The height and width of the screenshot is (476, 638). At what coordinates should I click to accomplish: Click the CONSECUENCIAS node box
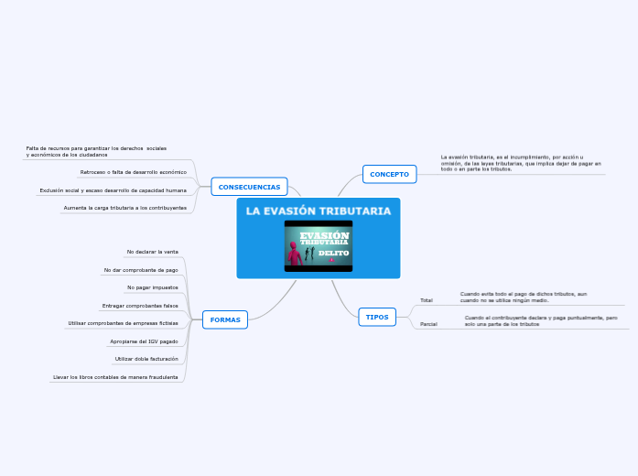pyautogui.click(x=249, y=187)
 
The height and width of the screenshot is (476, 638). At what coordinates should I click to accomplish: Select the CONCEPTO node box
pyautogui.click(x=389, y=174)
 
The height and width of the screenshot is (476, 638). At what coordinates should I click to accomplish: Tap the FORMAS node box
pyautogui.click(x=225, y=319)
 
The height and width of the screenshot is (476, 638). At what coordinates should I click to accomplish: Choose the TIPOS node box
pyautogui.click(x=377, y=317)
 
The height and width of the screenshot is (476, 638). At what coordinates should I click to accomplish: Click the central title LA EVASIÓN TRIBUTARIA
pyautogui.click(x=318, y=211)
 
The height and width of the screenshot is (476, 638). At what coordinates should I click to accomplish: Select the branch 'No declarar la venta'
pyautogui.click(x=152, y=251)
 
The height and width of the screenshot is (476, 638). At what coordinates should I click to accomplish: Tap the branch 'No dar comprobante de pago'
pyautogui.click(x=141, y=270)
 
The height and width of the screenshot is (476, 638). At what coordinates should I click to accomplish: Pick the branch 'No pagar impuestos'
pyautogui.click(x=152, y=287)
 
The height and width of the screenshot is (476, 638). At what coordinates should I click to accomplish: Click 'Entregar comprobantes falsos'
pyautogui.click(x=140, y=306)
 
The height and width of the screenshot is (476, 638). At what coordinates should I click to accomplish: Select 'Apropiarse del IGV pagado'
pyautogui.click(x=144, y=341)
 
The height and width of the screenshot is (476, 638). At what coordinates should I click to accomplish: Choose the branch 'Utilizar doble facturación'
pyautogui.click(x=146, y=359)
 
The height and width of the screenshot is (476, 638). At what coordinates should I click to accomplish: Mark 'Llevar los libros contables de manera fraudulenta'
pyautogui.click(x=115, y=377)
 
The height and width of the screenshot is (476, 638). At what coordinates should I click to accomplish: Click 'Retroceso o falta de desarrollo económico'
pyautogui.click(x=133, y=172)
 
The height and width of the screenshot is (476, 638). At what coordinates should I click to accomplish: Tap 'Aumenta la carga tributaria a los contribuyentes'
pyautogui.click(x=124, y=208)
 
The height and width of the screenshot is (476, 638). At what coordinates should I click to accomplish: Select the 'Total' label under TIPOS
pyautogui.click(x=427, y=300)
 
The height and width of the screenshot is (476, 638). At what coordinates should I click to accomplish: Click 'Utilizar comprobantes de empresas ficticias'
pyautogui.click(x=123, y=323)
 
